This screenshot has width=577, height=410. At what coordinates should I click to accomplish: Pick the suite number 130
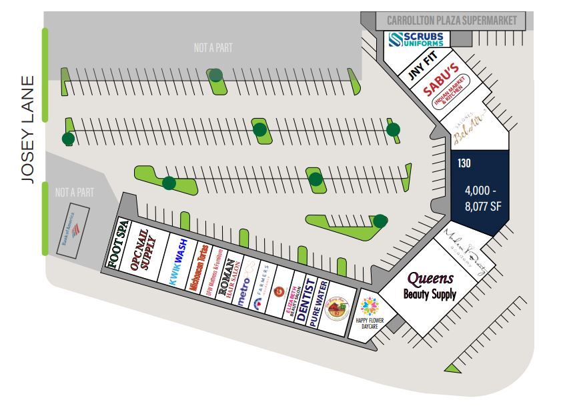point(464,162)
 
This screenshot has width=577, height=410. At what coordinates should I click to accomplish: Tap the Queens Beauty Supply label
point(430,285)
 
